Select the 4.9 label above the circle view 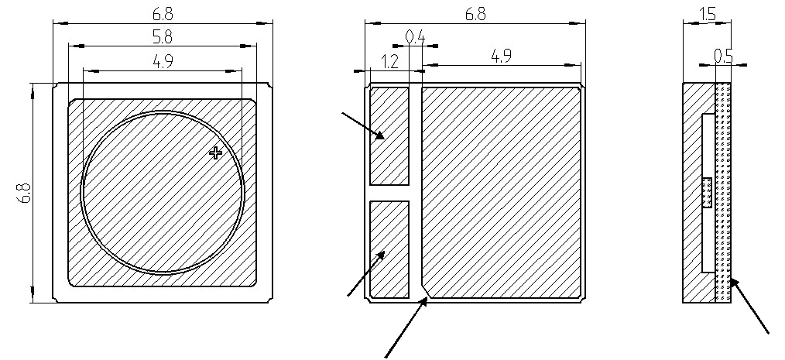(x=163, y=63)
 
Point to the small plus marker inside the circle (x=216, y=153)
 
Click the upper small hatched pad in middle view (x=389, y=136)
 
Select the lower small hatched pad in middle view (x=389, y=249)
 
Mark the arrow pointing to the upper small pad (x=363, y=125)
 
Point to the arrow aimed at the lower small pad (x=366, y=273)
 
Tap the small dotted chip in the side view (x=706, y=193)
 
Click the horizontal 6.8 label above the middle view (x=474, y=14)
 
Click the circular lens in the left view (x=163, y=191)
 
